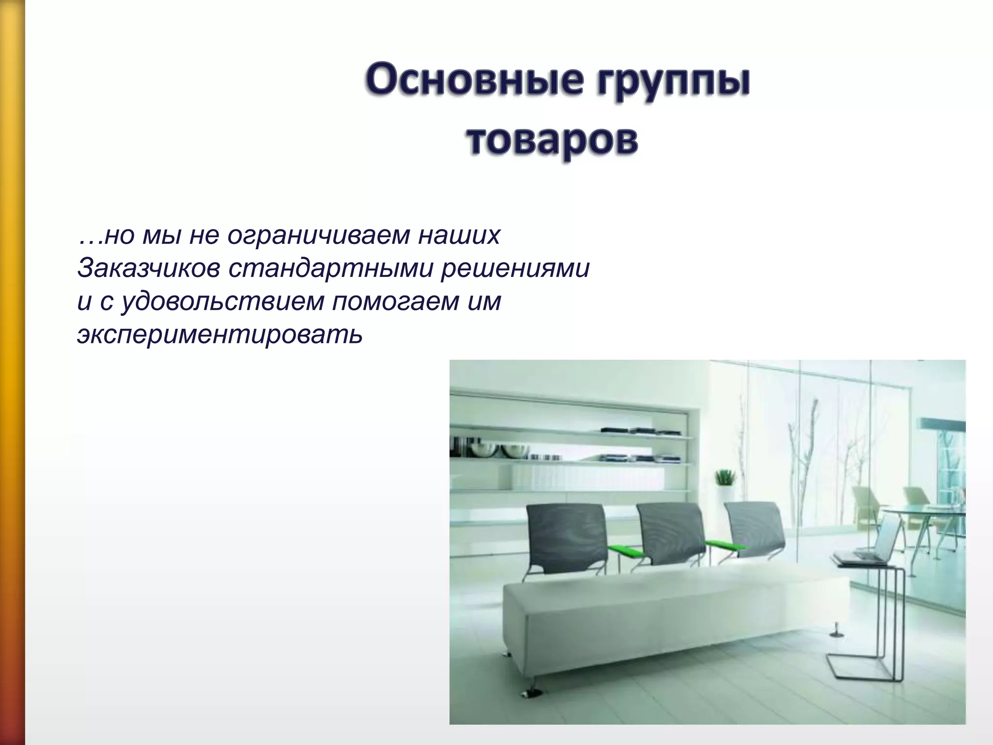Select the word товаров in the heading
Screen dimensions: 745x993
tap(553, 141)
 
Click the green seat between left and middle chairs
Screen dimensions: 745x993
tap(628, 551)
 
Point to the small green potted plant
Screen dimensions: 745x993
tap(725, 478)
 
